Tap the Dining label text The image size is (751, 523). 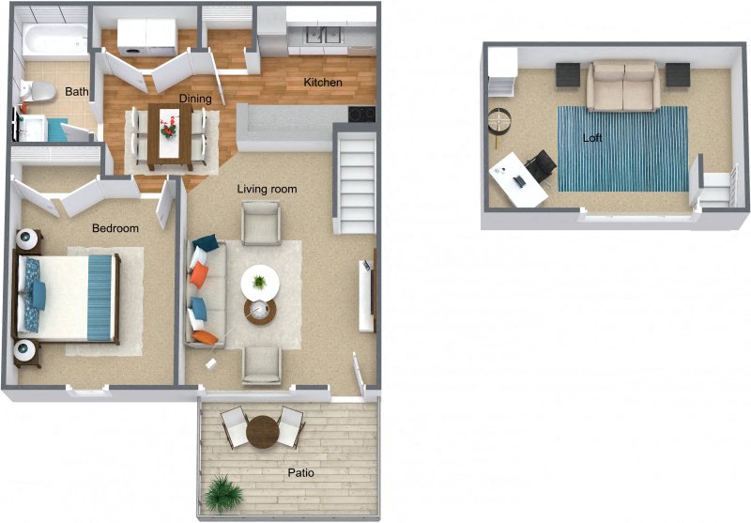pyautogui.click(x=194, y=99)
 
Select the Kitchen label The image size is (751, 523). pyautogui.click(x=322, y=83)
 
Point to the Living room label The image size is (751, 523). pyautogui.click(x=267, y=189)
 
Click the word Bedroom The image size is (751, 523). pyautogui.click(x=115, y=228)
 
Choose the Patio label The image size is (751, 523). pyautogui.click(x=301, y=472)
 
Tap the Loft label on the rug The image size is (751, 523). pyautogui.click(x=591, y=138)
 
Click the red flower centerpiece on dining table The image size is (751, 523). pyautogui.click(x=169, y=125)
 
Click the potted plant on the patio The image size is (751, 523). pyautogui.click(x=225, y=493)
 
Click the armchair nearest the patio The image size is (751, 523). pyautogui.click(x=261, y=364)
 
